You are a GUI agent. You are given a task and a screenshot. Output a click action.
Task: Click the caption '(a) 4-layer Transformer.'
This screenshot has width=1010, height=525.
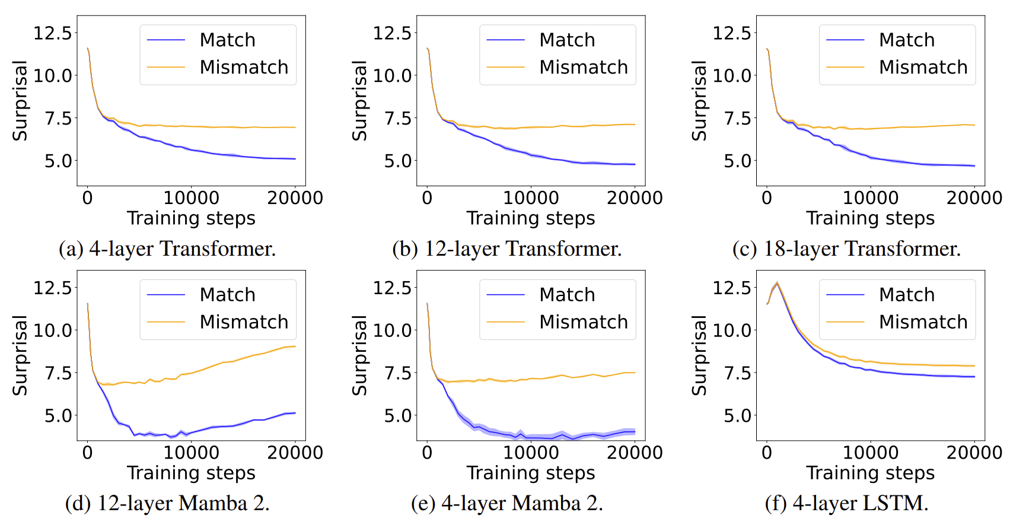(x=167, y=249)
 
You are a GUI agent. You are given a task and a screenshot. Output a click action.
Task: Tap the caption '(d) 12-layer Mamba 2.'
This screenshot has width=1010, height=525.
(x=167, y=503)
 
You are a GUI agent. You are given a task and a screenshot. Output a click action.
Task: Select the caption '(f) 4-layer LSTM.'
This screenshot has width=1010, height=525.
(x=846, y=503)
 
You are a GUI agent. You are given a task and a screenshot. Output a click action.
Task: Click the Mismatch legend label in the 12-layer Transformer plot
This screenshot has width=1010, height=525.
(x=584, y=67)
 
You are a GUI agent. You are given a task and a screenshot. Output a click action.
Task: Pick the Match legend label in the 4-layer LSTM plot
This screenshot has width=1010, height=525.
(x=906, y=294)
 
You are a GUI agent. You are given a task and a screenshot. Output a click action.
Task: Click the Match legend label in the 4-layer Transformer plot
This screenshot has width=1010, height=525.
(x=227, y=40)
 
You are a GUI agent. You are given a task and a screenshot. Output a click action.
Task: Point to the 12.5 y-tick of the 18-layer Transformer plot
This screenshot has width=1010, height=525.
(x=732, y=33)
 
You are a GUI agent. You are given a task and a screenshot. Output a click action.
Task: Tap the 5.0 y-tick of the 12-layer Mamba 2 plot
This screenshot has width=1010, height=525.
(x=58, y=415)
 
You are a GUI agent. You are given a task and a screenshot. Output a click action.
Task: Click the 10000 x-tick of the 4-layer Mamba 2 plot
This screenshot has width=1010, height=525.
(x=531, y=453)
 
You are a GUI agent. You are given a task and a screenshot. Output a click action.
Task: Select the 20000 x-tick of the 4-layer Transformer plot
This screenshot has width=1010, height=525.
(x=295, y=198)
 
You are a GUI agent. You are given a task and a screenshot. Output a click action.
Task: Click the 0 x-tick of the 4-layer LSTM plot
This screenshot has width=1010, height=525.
(x=767, y=453)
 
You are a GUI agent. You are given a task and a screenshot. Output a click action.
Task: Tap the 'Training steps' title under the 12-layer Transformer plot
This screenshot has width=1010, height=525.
(x=531, y=218)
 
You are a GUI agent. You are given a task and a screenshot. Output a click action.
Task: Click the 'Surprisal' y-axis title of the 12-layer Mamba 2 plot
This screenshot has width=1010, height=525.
(x=20, y=355)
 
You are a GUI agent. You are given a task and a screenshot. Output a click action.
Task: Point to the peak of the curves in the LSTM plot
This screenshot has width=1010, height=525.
(x=777, y=283)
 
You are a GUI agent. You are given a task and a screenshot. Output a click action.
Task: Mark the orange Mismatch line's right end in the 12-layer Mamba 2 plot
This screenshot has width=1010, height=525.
(x=295, y=346)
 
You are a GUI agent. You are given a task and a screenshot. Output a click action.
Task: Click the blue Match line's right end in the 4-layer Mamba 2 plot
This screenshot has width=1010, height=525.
(x=635, y=432)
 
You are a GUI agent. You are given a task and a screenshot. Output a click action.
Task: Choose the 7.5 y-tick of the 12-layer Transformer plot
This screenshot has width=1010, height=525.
(x=398, y=118)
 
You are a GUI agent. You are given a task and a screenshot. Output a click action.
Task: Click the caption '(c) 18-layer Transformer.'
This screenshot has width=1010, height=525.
(x=846, y=249)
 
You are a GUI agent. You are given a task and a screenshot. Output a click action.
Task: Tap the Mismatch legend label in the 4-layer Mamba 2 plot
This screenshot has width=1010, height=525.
(x=584, y=322)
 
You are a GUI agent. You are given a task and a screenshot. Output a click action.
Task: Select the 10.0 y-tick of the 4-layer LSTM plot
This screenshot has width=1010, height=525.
(x=732, y=330)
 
